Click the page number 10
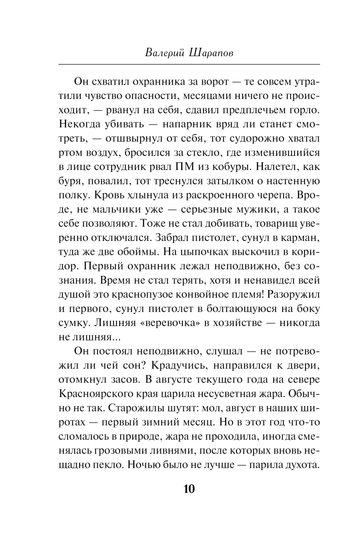[x=189, y=489]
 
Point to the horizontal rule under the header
[x=189, y=64]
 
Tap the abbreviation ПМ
[x=184, y=167]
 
